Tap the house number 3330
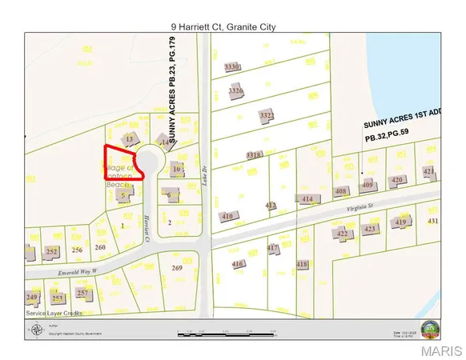coord(233,67)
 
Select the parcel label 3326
coord(235,91)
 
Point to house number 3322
coord(267,115)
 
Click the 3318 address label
coord(254,154)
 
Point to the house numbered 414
coord(308,198)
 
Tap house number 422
coord(343,234)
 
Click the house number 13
coord(130,138)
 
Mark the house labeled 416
coord(237,263)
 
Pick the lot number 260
coord(100,247)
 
